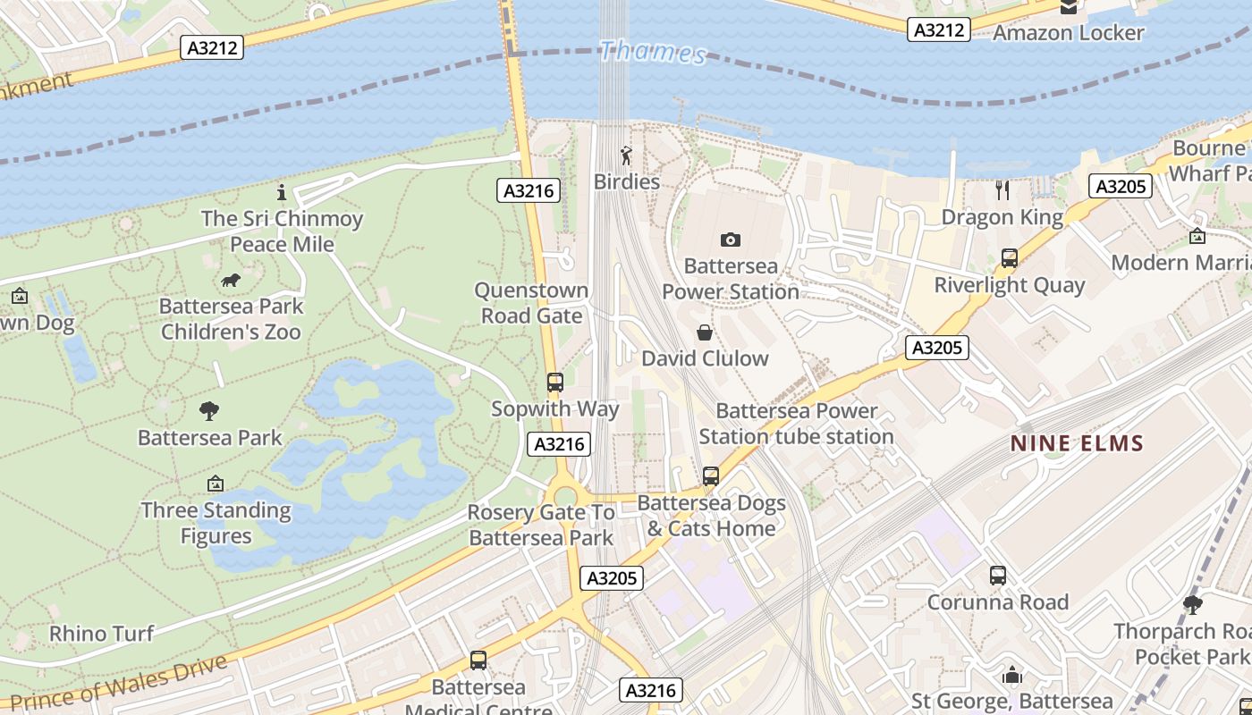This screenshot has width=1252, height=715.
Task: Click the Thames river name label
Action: coord(652,52)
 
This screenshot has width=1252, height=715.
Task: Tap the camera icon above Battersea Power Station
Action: coord(731,240)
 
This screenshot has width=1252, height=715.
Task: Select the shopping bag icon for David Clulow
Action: coord(705,333)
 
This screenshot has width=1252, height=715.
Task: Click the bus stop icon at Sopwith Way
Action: coord(554,383)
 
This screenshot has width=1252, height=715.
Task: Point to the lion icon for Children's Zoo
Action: coord(231,281)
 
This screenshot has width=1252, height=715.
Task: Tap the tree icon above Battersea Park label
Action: coord(209,411)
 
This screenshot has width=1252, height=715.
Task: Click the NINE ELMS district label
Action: coord(1078,442)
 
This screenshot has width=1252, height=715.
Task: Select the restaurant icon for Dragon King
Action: coord(1002,189)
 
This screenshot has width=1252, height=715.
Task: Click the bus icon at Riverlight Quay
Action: coord(1010,258)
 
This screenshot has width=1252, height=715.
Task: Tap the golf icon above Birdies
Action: coord(626,156)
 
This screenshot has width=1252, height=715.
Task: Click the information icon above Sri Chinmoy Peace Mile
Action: coord(282,192)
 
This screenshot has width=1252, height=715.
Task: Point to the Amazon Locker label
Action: coord(1069,33)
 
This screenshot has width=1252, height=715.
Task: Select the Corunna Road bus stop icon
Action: coord(998,576)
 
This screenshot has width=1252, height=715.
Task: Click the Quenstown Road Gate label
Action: coord(531,303)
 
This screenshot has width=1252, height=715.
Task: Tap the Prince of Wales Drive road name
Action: coord(118,684)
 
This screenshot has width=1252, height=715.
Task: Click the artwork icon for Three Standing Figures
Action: coord(216,484)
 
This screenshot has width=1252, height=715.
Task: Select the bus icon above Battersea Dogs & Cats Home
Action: coord(711,476)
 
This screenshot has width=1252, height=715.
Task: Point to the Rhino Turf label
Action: coord(101,634)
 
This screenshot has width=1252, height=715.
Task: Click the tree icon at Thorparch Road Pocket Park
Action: coord(1192,605)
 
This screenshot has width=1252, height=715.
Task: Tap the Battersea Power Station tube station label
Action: coord(796,424)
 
